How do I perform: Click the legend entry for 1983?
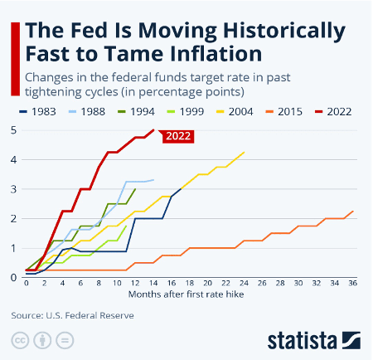pos(43,111)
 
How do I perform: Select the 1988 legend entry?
pos(93,111)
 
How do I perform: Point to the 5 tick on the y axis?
pos(14,130)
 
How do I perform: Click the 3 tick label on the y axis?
pos(14,189)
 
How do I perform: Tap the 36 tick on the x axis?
pos(354,284)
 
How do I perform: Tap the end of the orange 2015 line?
pos(354,211)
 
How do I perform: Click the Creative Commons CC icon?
pos(19,341)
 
